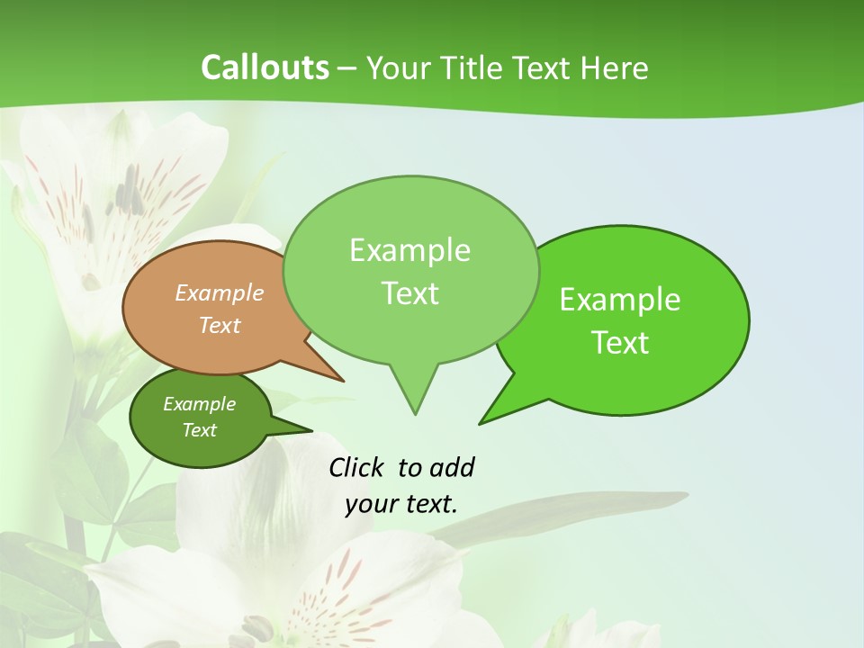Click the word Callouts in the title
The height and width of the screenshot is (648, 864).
pyautogui.click(x=265, y=67)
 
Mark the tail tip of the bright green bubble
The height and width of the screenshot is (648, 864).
pyautogui.click(x=481, y=422)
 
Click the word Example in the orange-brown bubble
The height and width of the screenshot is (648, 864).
pyautogui.click(x=220, y=292)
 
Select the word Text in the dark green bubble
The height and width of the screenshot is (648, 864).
pyautogui.click(x=199, y=430)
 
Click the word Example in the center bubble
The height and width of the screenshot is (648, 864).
pyautogui.click(x=409, y=250)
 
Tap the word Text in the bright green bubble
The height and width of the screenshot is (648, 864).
pyautogui.click(x=621, y=342)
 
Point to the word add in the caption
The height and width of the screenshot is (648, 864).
pyautogui.click(x=451, y=467)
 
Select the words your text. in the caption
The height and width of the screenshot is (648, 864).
pyautogui.click(x=401, y=504)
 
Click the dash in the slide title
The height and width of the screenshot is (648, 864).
pyautogui.click(x=348, y=67)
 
